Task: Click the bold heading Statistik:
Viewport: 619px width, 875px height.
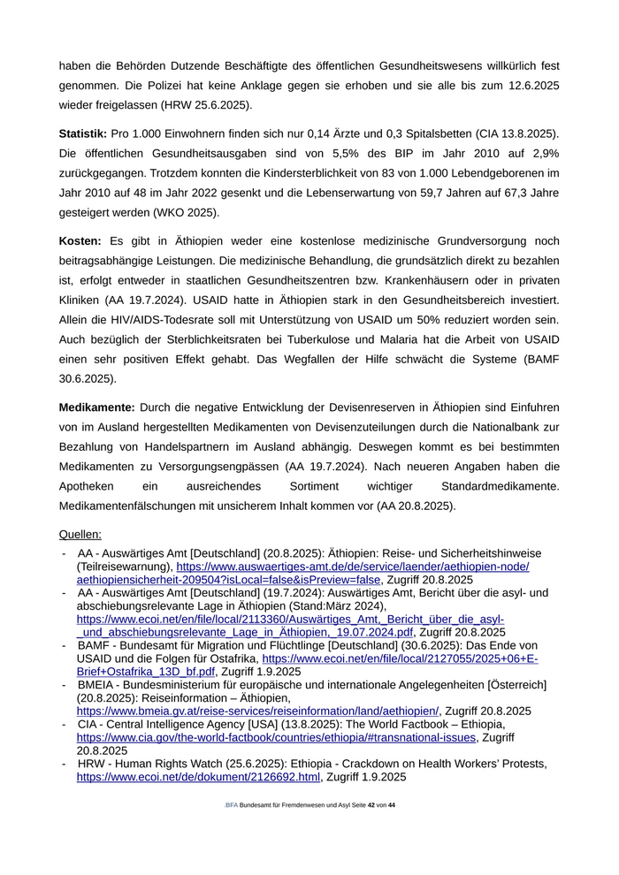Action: (83, 133)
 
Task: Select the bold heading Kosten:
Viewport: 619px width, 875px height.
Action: (80, 240)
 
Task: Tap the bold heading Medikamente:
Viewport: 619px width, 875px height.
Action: (97, 407)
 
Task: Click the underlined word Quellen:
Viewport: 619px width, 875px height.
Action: (80, 535)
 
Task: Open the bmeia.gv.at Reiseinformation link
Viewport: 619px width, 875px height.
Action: (257, 711)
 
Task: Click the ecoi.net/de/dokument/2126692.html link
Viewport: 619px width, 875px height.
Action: (198, 777)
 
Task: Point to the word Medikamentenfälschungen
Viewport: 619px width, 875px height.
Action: (132, 506)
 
